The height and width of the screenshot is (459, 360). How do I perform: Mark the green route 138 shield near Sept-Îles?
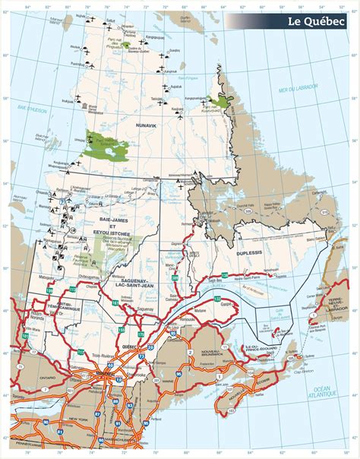(x=224, y=274)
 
